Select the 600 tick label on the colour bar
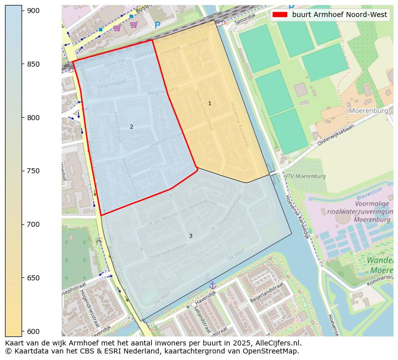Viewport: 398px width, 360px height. tap(33, 331)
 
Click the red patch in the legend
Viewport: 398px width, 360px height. tap(280, 15)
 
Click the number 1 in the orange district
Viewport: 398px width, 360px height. tap(210, 104)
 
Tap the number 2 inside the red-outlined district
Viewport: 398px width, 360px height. tap(131, 127)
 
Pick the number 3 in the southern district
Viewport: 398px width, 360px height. tap(190, 236)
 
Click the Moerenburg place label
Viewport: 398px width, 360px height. tap(368, 110)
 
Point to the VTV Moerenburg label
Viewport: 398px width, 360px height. tap(306, 176)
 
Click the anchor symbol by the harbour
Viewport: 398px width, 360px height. tap(212, 285)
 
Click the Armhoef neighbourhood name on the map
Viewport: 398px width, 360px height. tap(165, 167)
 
